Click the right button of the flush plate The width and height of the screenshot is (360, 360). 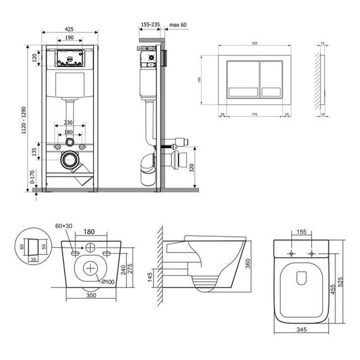(x=275, y=80)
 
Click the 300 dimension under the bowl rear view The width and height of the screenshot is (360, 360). (x=92, y=294)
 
